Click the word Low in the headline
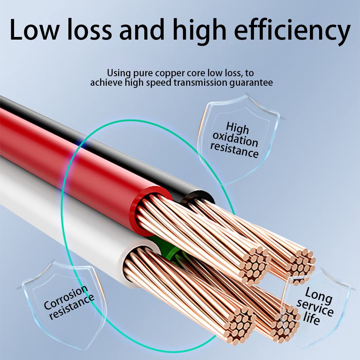(x=34, y=30)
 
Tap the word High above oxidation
(x=238, y=128)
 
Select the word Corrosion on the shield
(x=66, y=297)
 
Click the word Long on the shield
(x=319, y=295)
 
